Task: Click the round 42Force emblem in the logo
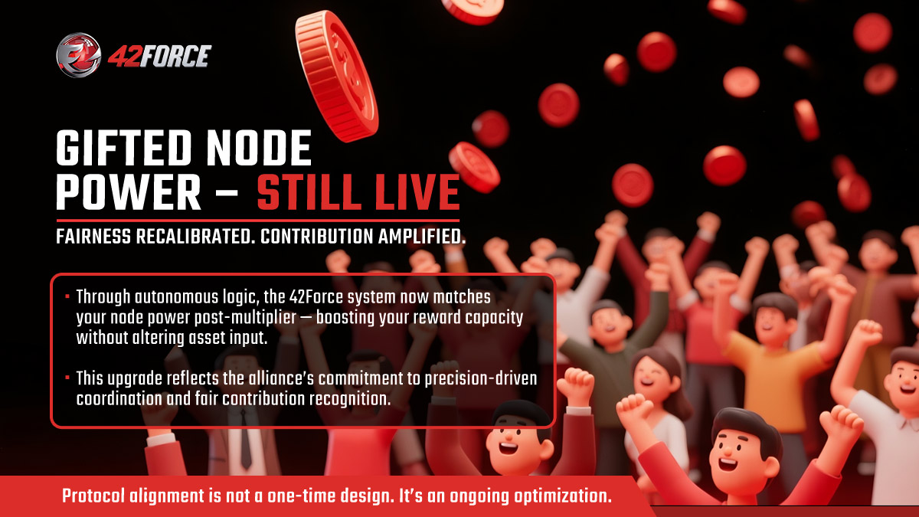pyautogui.click(x=79, y=55)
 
